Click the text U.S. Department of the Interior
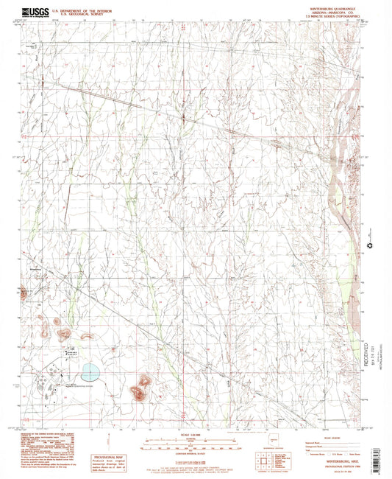pyautogui.click(x=86, y=11)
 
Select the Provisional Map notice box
pyautogui.click(x=111, y=462)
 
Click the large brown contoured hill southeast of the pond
pyautogui.click(x=140, y=389)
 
